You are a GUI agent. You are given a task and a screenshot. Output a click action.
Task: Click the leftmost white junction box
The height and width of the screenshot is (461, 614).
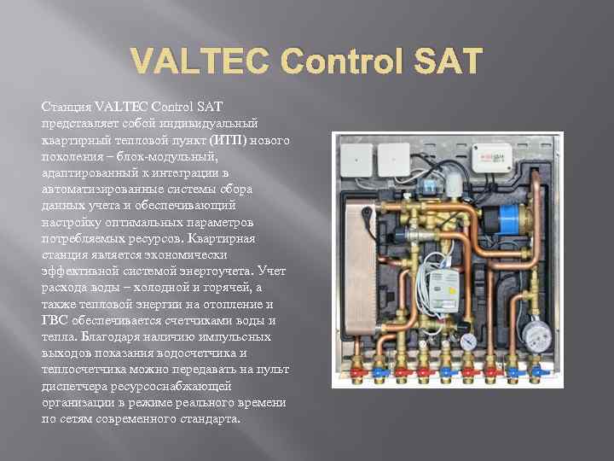click(354, 155)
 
